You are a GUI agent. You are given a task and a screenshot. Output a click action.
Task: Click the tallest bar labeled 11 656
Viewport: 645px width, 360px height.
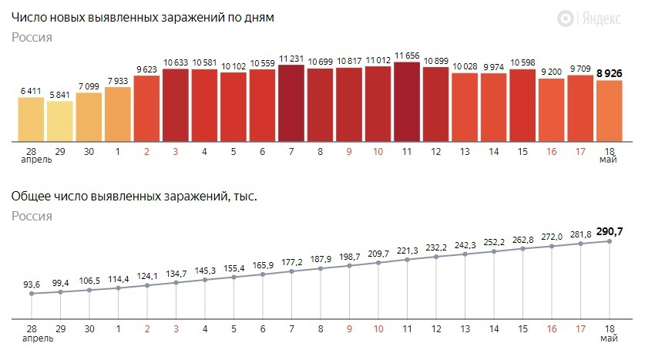coord(407,102)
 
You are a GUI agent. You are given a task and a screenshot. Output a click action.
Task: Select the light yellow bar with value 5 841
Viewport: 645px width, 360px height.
coord(60,121)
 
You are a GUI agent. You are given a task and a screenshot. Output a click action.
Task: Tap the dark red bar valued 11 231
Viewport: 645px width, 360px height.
coord(291,103)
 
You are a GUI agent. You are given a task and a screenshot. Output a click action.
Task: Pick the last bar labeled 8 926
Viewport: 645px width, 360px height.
coord(609,111)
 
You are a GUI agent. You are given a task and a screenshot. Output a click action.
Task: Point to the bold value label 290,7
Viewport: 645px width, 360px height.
coord(609,230)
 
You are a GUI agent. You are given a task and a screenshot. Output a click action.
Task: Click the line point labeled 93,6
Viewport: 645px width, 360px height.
coord(32,293)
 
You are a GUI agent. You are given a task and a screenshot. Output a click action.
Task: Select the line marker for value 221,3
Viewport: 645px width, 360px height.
coord(407,259)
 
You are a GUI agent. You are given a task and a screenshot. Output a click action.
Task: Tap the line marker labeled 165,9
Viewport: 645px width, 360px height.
coord(263,274)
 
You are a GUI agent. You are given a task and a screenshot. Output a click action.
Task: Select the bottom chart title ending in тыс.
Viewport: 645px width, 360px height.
coord(134,197)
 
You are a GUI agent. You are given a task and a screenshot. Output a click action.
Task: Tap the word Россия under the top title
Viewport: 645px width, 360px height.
coord(32,37)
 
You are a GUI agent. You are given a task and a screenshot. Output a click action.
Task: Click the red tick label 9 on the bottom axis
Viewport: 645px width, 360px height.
coord(349,328)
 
